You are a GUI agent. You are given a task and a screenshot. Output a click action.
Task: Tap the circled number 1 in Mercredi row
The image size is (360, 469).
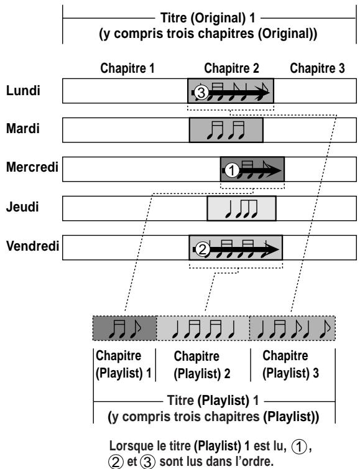point(231,169)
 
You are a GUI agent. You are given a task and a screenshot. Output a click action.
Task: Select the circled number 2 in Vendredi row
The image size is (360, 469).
point(201,250)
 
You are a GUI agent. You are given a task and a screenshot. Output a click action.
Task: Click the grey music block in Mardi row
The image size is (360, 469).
point(226,130)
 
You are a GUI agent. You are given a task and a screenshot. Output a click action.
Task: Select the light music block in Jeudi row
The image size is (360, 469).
point(241,208)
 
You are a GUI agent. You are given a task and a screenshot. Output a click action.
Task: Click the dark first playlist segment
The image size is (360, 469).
point(124,327)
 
